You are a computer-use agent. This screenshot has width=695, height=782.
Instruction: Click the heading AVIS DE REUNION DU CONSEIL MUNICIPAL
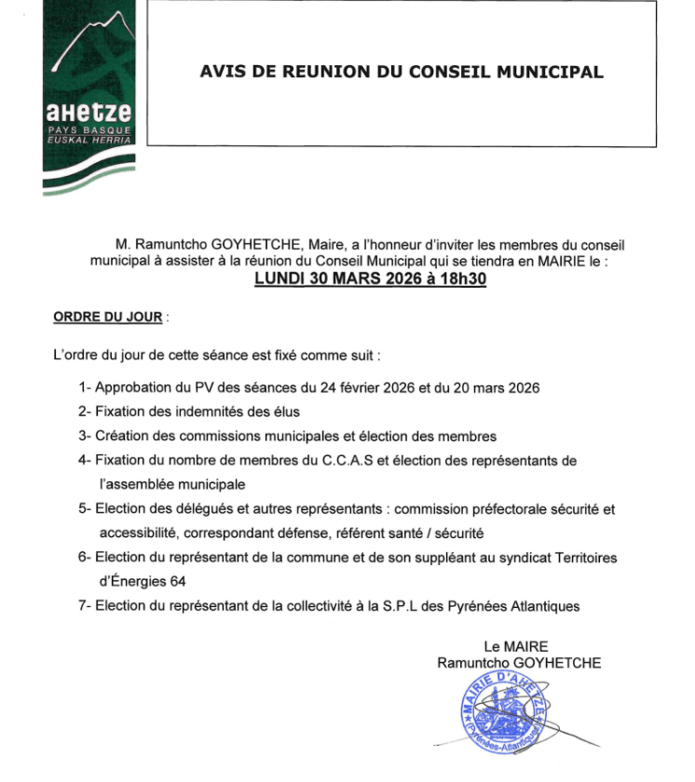click(x=402, y=72)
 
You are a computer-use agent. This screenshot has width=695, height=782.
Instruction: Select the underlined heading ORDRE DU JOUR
click(x=108, y=317)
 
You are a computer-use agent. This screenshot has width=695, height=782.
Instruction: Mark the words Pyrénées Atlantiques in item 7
click(x=525, y=606)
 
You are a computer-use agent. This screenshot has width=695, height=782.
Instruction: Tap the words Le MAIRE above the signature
click(x=516, y=646)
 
